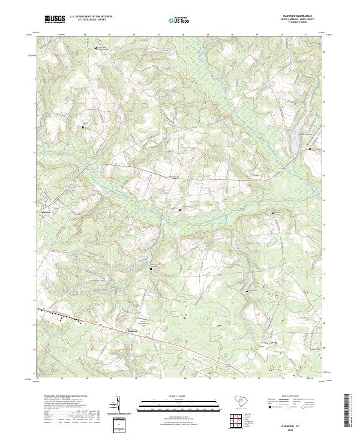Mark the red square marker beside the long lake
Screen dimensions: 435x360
[310, 149]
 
